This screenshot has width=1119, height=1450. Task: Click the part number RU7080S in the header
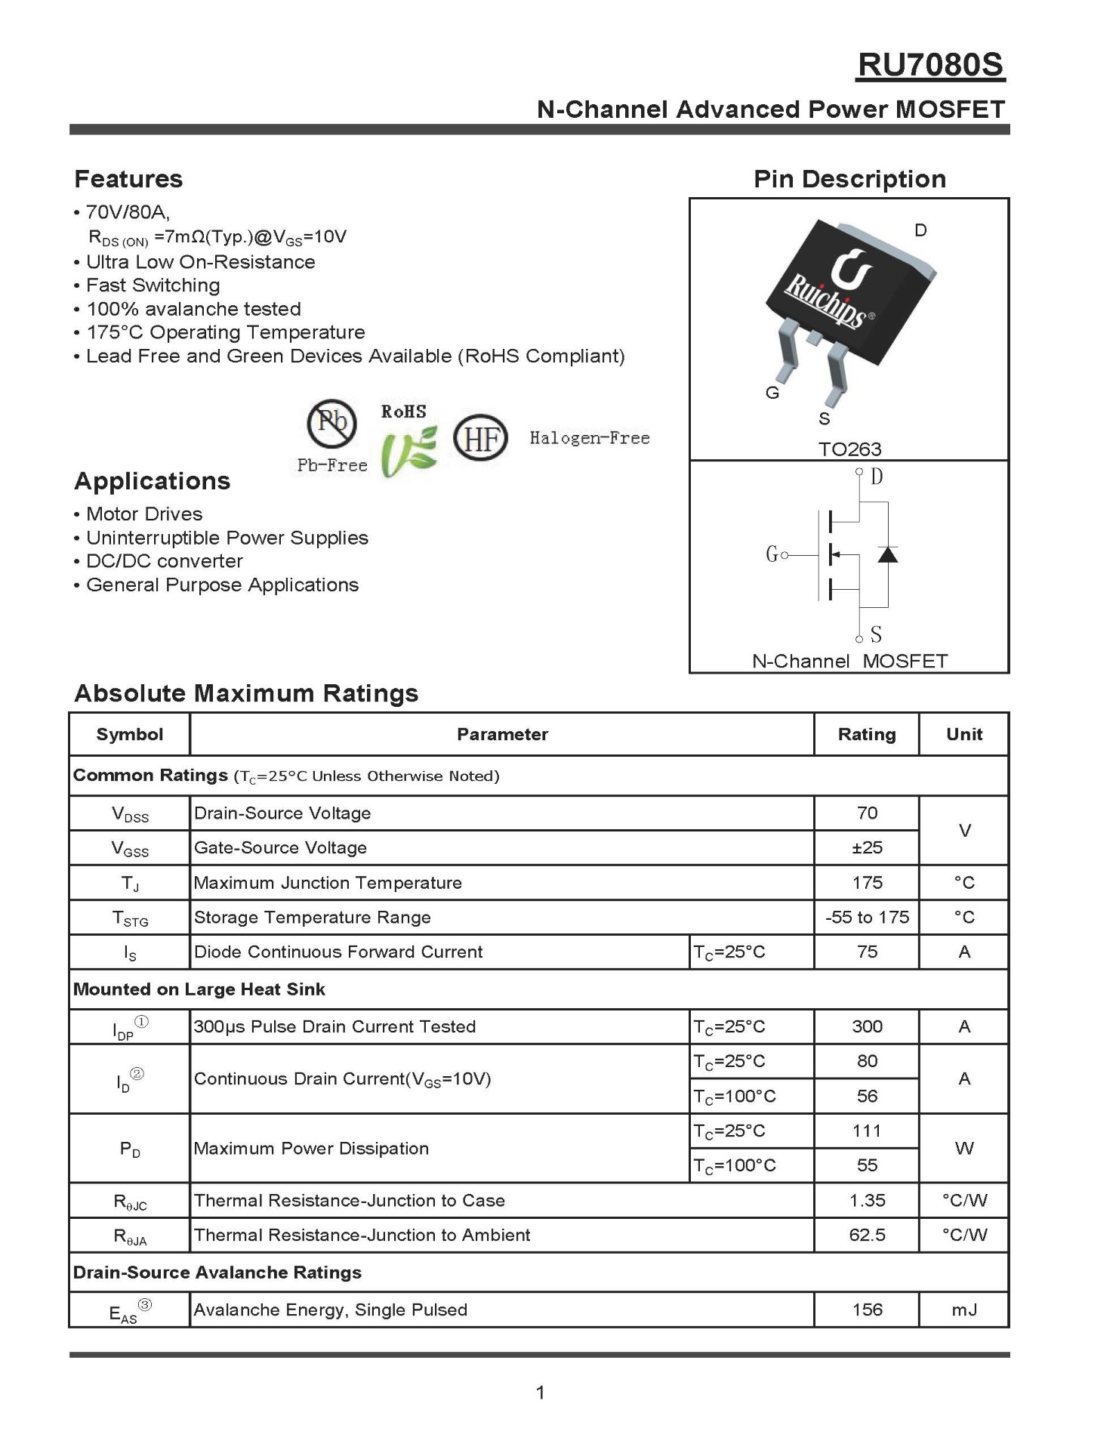coord(930,66)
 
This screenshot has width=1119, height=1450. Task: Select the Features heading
coord(128,179)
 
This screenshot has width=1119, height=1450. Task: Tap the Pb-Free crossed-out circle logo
coord(331,423)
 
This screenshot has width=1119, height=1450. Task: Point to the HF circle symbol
coord(480,437)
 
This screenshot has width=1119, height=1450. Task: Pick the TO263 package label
coord(849,449)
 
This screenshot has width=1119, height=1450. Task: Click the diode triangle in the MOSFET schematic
coord(887,555)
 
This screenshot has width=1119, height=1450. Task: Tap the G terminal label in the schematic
coord(772,555)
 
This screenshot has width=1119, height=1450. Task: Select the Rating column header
coord(867,734)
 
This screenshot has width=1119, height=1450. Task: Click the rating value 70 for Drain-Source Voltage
coord(867,813)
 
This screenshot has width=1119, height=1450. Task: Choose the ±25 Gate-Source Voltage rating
coord(867,847)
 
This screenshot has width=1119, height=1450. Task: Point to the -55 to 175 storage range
coord(867,917)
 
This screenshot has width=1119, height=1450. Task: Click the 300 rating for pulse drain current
coord(867,1026)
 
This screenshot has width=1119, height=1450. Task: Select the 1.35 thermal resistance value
coord(867,1200)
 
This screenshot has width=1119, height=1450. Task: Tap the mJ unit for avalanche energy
coord(964,1310)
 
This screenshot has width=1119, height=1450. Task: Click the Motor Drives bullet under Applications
coord(144,514)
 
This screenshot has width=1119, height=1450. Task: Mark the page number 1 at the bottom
coord(540,1392)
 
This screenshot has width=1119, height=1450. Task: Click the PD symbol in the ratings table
coord(130,1149)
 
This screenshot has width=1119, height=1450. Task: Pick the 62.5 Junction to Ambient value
coord(867,1235)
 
